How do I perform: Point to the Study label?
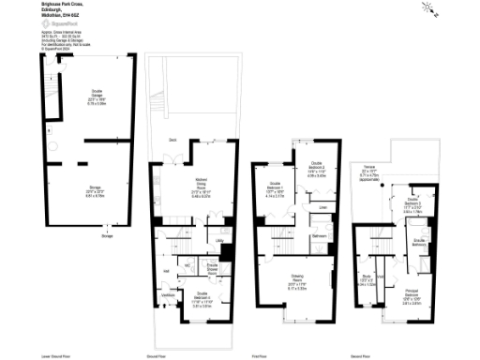coord(367,277)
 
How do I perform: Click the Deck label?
coord(173,141)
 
